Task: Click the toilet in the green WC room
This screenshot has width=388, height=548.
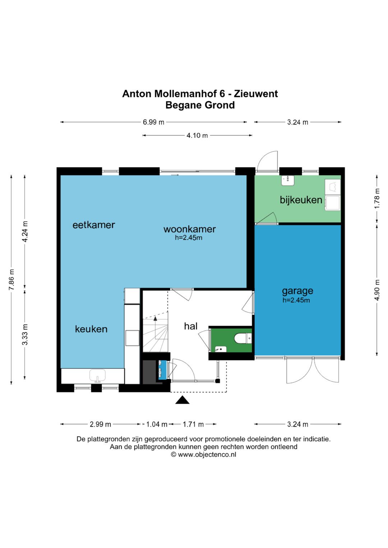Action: pyautogui.click(x=242, y=339)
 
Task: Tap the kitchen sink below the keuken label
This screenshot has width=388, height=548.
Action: pyautogui.click(x=97, y=375)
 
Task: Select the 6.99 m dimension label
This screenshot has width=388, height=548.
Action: pyautogui.click(x=154, y=122)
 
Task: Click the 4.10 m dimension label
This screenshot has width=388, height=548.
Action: pyautogui.click(x=197, y=135)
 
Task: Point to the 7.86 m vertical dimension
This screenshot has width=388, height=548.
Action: pyautogui.click(x=11, y=279)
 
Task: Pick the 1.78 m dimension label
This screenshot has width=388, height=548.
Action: pyautogui.click(x=377, y=199)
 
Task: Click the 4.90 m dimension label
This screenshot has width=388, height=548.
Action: pyautogui.click(x=377, y=290)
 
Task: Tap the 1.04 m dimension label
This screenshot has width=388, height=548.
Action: pyautogui.click(x=157, y=424)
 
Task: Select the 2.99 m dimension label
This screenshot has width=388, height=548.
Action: pyautogui.click(x=101, y=424)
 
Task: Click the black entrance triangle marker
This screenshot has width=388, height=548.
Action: pyautogui.click(x=182, y=400)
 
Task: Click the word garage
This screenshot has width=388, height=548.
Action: pyautogui.click(x=297, y=291)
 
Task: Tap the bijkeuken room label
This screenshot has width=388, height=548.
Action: pyautogui.click(x=301, y=200)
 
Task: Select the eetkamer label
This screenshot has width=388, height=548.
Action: pyautogui.click(x=94, y=225)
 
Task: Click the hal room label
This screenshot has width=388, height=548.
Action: pyautogui.click(x=191, y=326)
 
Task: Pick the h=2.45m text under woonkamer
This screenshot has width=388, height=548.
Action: pyautogui.click(x=189, y=238)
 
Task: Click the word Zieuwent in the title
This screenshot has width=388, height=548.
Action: pyautogui.click(x=256, y=94)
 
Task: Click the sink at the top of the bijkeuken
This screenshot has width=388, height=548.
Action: pyautogui.click(x=287, y=181)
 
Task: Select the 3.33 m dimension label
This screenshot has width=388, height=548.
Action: pyautogui.click(x=25, y=334)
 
